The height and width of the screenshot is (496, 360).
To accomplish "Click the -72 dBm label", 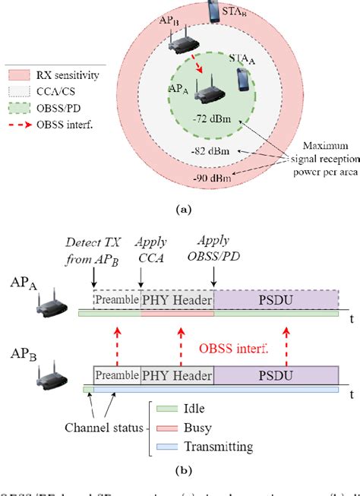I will [x=212, y=120].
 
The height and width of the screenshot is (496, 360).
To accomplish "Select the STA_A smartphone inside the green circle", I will [x=243, y=80].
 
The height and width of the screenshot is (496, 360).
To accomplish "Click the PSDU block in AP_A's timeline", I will [x=276, y=299].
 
